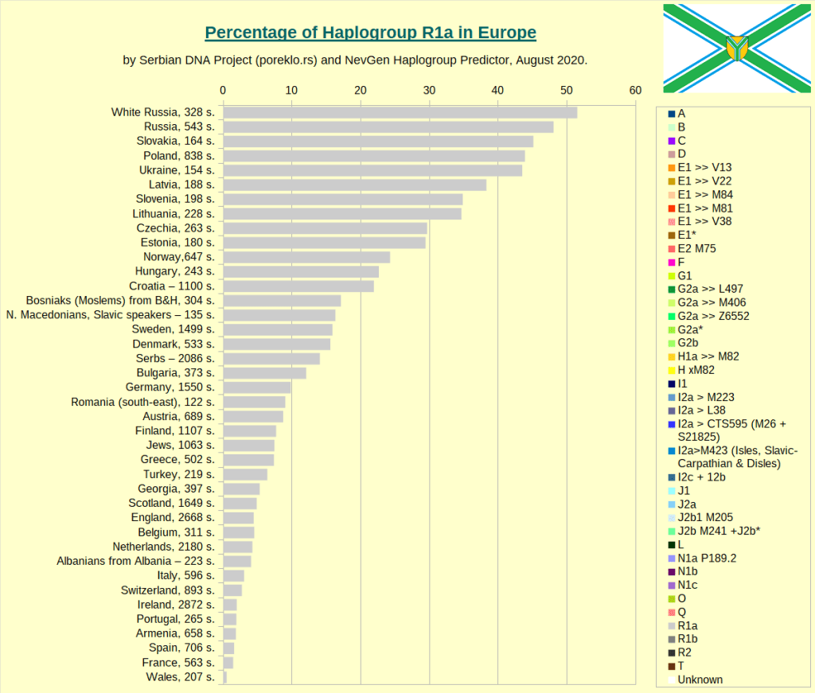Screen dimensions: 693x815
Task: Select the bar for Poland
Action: [373, 156]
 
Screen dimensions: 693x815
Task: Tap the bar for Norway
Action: [306, 257]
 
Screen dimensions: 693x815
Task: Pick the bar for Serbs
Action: [271, 359]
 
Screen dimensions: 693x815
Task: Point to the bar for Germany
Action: [256, 387]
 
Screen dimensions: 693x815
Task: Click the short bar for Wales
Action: [224, 677]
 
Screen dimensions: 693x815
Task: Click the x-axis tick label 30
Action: [429, 91]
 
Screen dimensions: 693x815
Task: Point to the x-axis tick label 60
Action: [634, 91]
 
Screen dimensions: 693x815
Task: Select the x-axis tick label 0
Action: [223, 91]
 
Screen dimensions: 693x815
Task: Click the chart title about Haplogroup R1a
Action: [370, 33]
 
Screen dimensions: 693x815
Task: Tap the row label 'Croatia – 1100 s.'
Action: [172, 286]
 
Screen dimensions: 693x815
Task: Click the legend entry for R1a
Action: [688, 625]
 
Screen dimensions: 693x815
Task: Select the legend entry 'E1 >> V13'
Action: [704, 167]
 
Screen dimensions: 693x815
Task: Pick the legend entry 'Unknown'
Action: [700, 679]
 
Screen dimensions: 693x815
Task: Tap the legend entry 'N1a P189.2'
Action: [706, 558]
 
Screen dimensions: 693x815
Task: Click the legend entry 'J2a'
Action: [687, 504]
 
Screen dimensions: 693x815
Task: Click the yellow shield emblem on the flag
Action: [737, 48]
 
